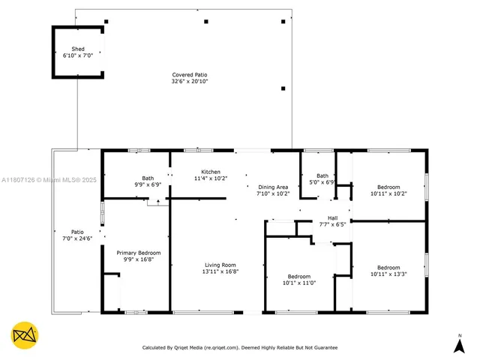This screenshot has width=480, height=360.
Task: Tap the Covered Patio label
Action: pyautogui.click(x=189, y=75)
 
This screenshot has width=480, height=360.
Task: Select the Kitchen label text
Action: pyautogui.click(x=210, y=172)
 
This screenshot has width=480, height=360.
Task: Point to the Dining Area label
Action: pyautogui.click(x=273, y=187)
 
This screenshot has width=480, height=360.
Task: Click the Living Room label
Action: pyautogui.click(x=220, y=265)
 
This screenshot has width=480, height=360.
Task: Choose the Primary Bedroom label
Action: pyautogui.click(x=138, y=253)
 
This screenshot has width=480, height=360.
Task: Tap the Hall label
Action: pyautogui.click(x=322, y=217)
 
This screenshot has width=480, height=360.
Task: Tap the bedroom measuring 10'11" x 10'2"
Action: pyautogui.click(x=388, y=190)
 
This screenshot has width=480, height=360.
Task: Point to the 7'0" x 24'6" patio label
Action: pyautogui.click(x=77, y=235)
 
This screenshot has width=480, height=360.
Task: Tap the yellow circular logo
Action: pyautogui.click(x=25, y=335)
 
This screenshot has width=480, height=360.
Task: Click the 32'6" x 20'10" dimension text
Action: pyautogui.click(x=189, y=81)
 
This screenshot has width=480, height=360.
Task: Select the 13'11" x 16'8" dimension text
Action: pyautogui.click(x=220, y=271)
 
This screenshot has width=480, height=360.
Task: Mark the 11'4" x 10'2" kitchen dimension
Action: pyautogui.click(x=210, y=178)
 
